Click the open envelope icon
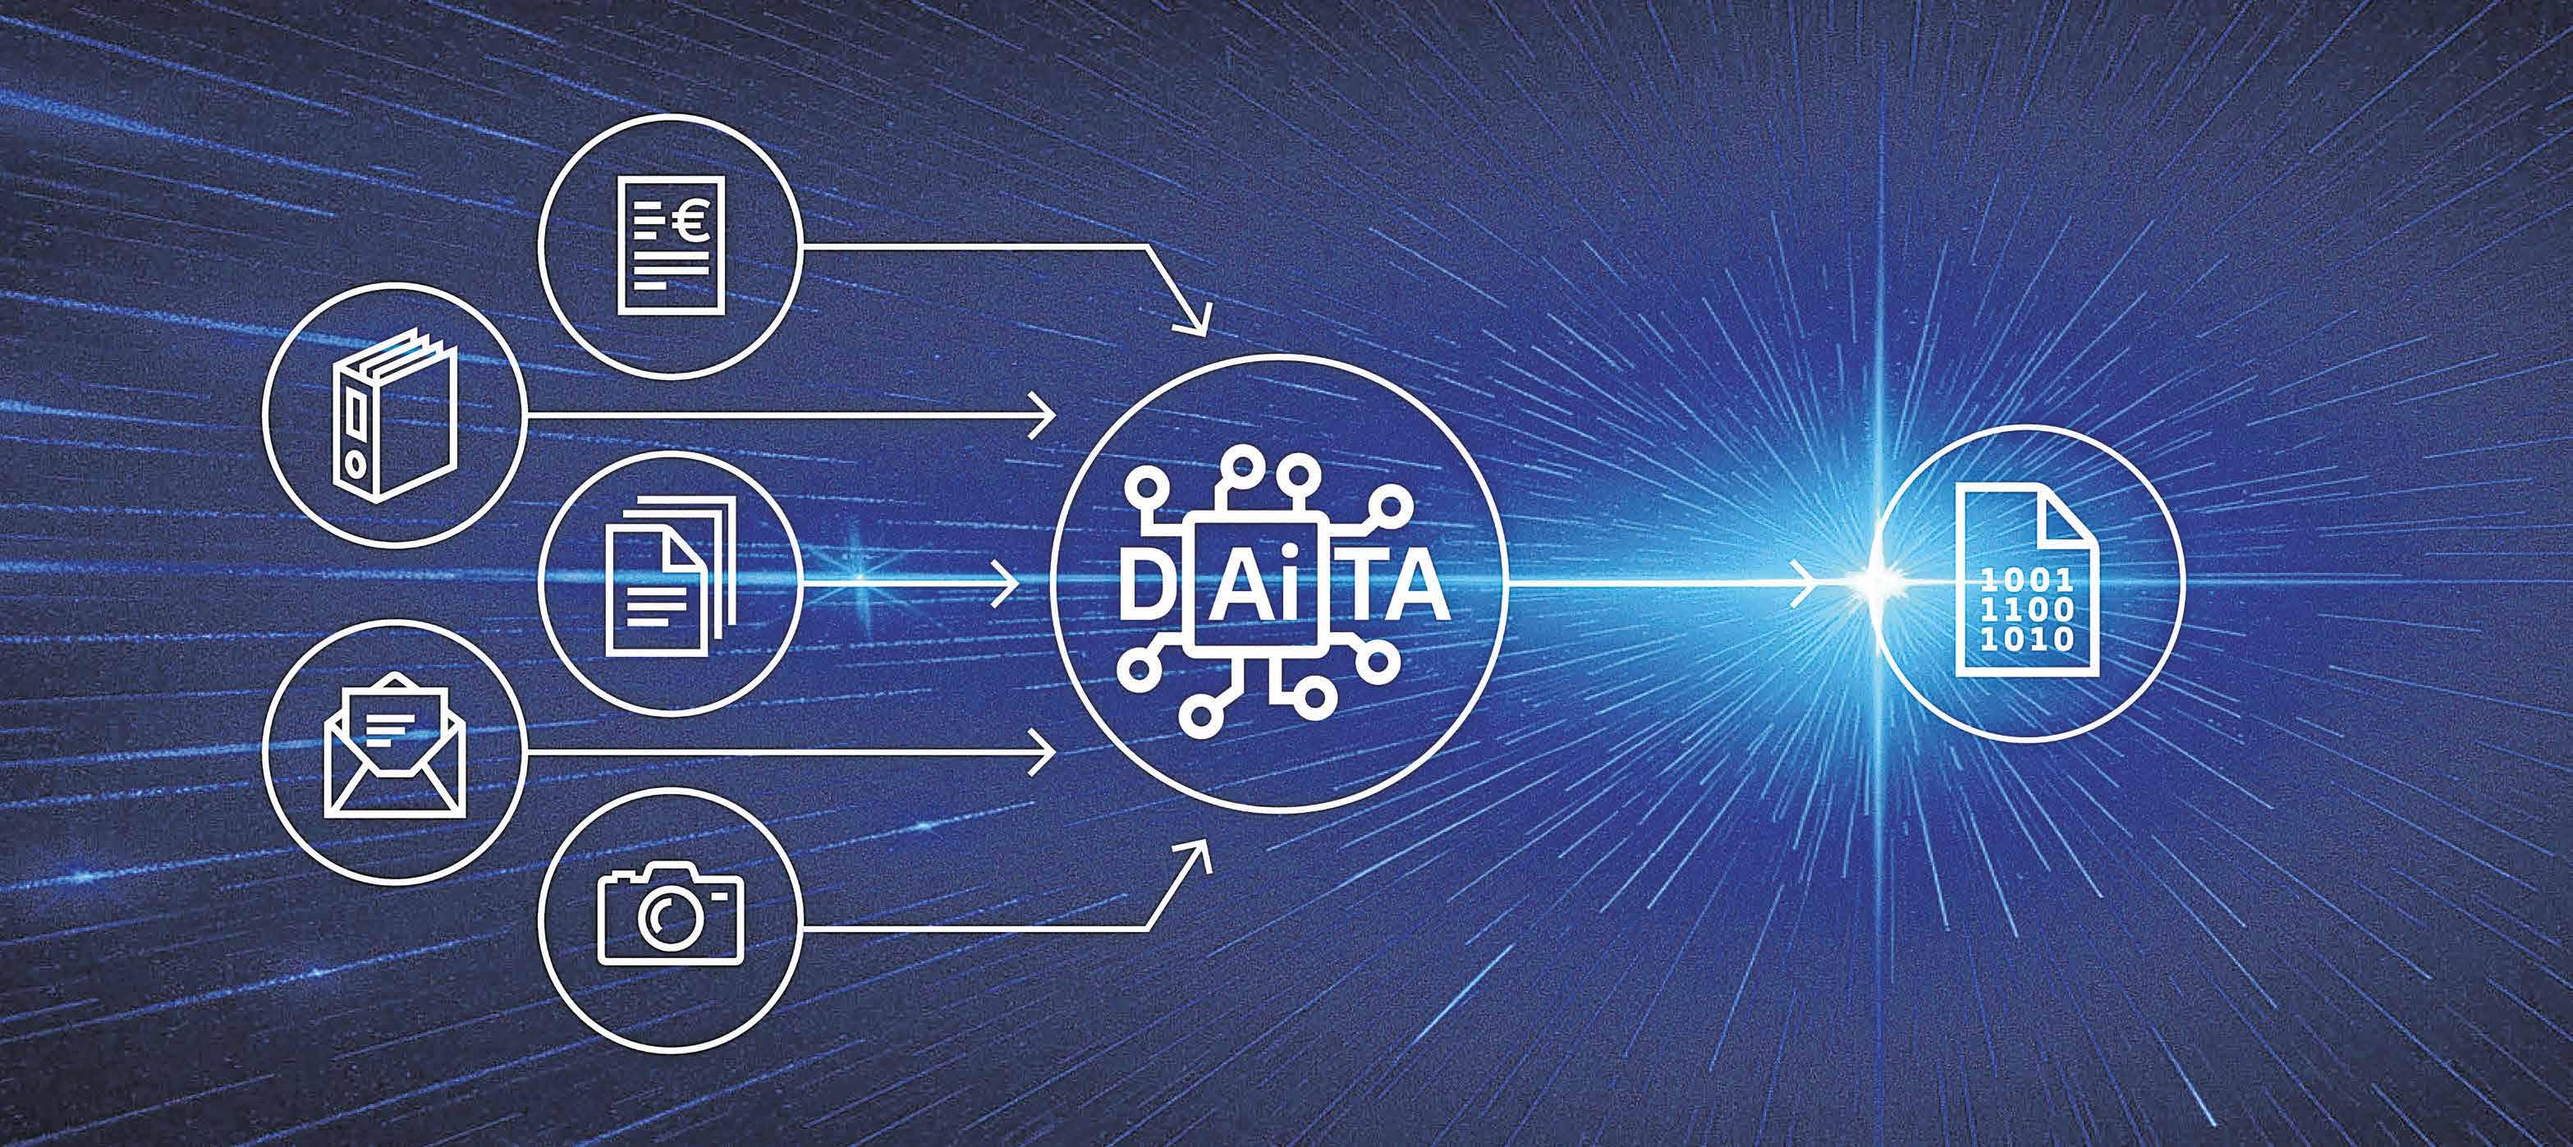point(392,751)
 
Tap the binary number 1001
point(2027,577)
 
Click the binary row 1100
point(2027,608)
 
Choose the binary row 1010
point(2027,637)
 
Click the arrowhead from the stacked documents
point(1010,579)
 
